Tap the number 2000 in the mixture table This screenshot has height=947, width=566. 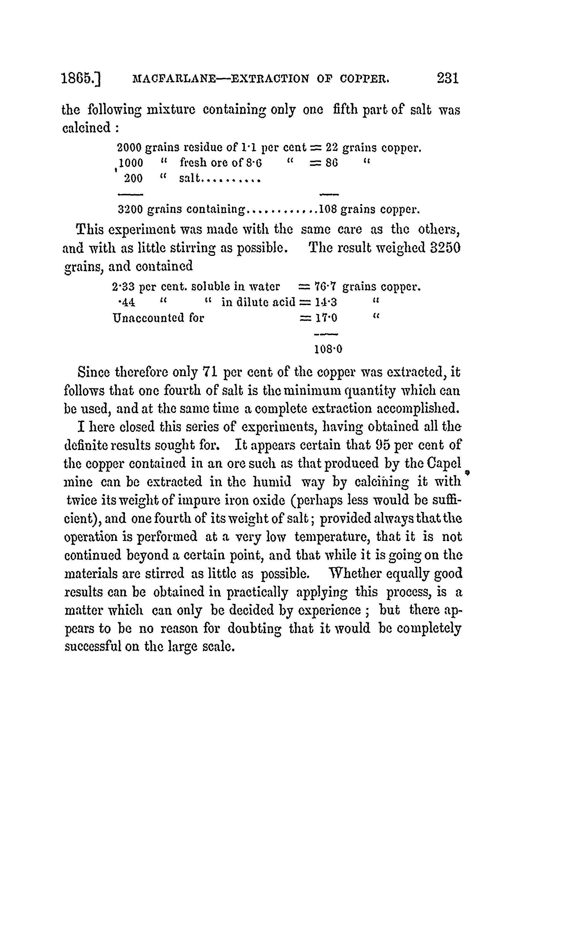point(129,148)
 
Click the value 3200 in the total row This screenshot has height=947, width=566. point(130,209)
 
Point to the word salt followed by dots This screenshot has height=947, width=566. point(190,179)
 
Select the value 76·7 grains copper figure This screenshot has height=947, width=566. point(325,286)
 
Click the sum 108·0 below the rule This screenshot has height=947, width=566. point(328,349)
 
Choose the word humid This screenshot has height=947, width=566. point(272,482)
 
